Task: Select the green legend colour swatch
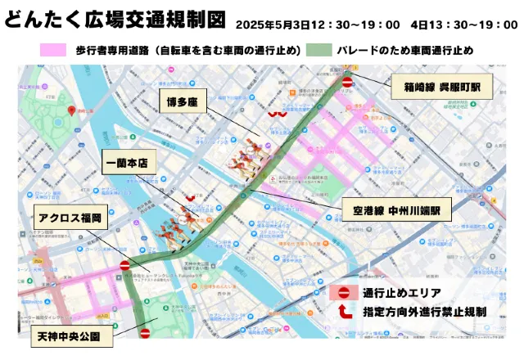coord(319,51)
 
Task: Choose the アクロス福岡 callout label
coord(68,219)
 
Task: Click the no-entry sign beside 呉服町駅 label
coord(347,82)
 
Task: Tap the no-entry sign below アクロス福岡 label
coord(125,265)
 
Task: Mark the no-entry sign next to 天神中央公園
coord(145,333)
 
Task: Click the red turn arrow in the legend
coord(343,312)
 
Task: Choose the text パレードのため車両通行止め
coord(405,51)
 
